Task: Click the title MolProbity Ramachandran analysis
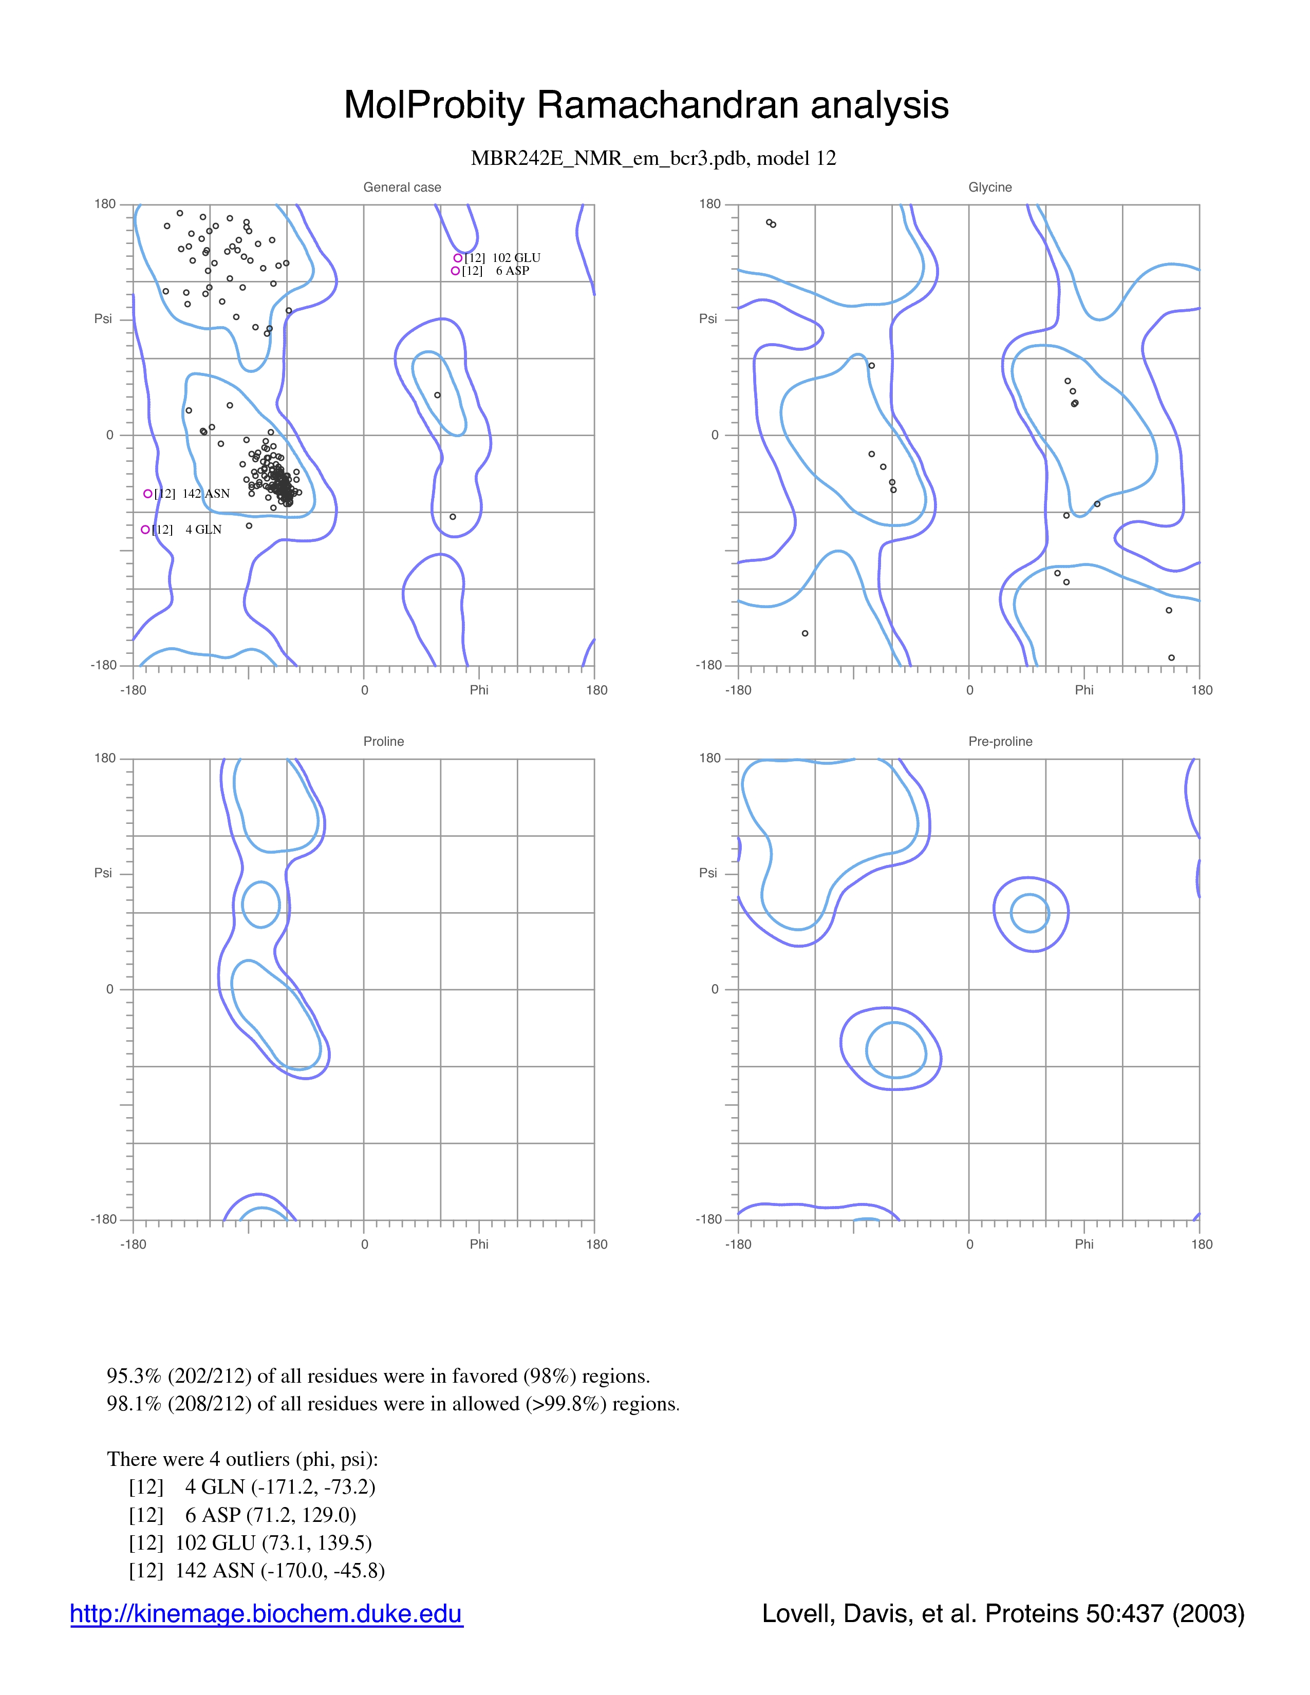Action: click(x=646, y=105)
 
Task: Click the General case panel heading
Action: click(x=402, y=187)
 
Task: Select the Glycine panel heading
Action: click(x=990, y=187)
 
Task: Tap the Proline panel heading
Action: click(x=383, y=741)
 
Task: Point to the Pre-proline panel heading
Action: click(x=1000, y=741)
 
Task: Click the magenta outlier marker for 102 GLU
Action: click(x=458, y=258)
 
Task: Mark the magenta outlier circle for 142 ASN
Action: click(x=147, y=494)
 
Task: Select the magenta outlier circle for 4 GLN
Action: click(x=145, y=529)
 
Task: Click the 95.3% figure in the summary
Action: click(x=134, y=1376)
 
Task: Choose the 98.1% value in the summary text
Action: click(x=134, y=1404)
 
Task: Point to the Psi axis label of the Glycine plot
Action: click(x=708, y=318)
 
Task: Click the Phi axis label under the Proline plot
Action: click(x=479, y=1244)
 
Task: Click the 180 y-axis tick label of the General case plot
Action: click(x=105, y=204)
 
